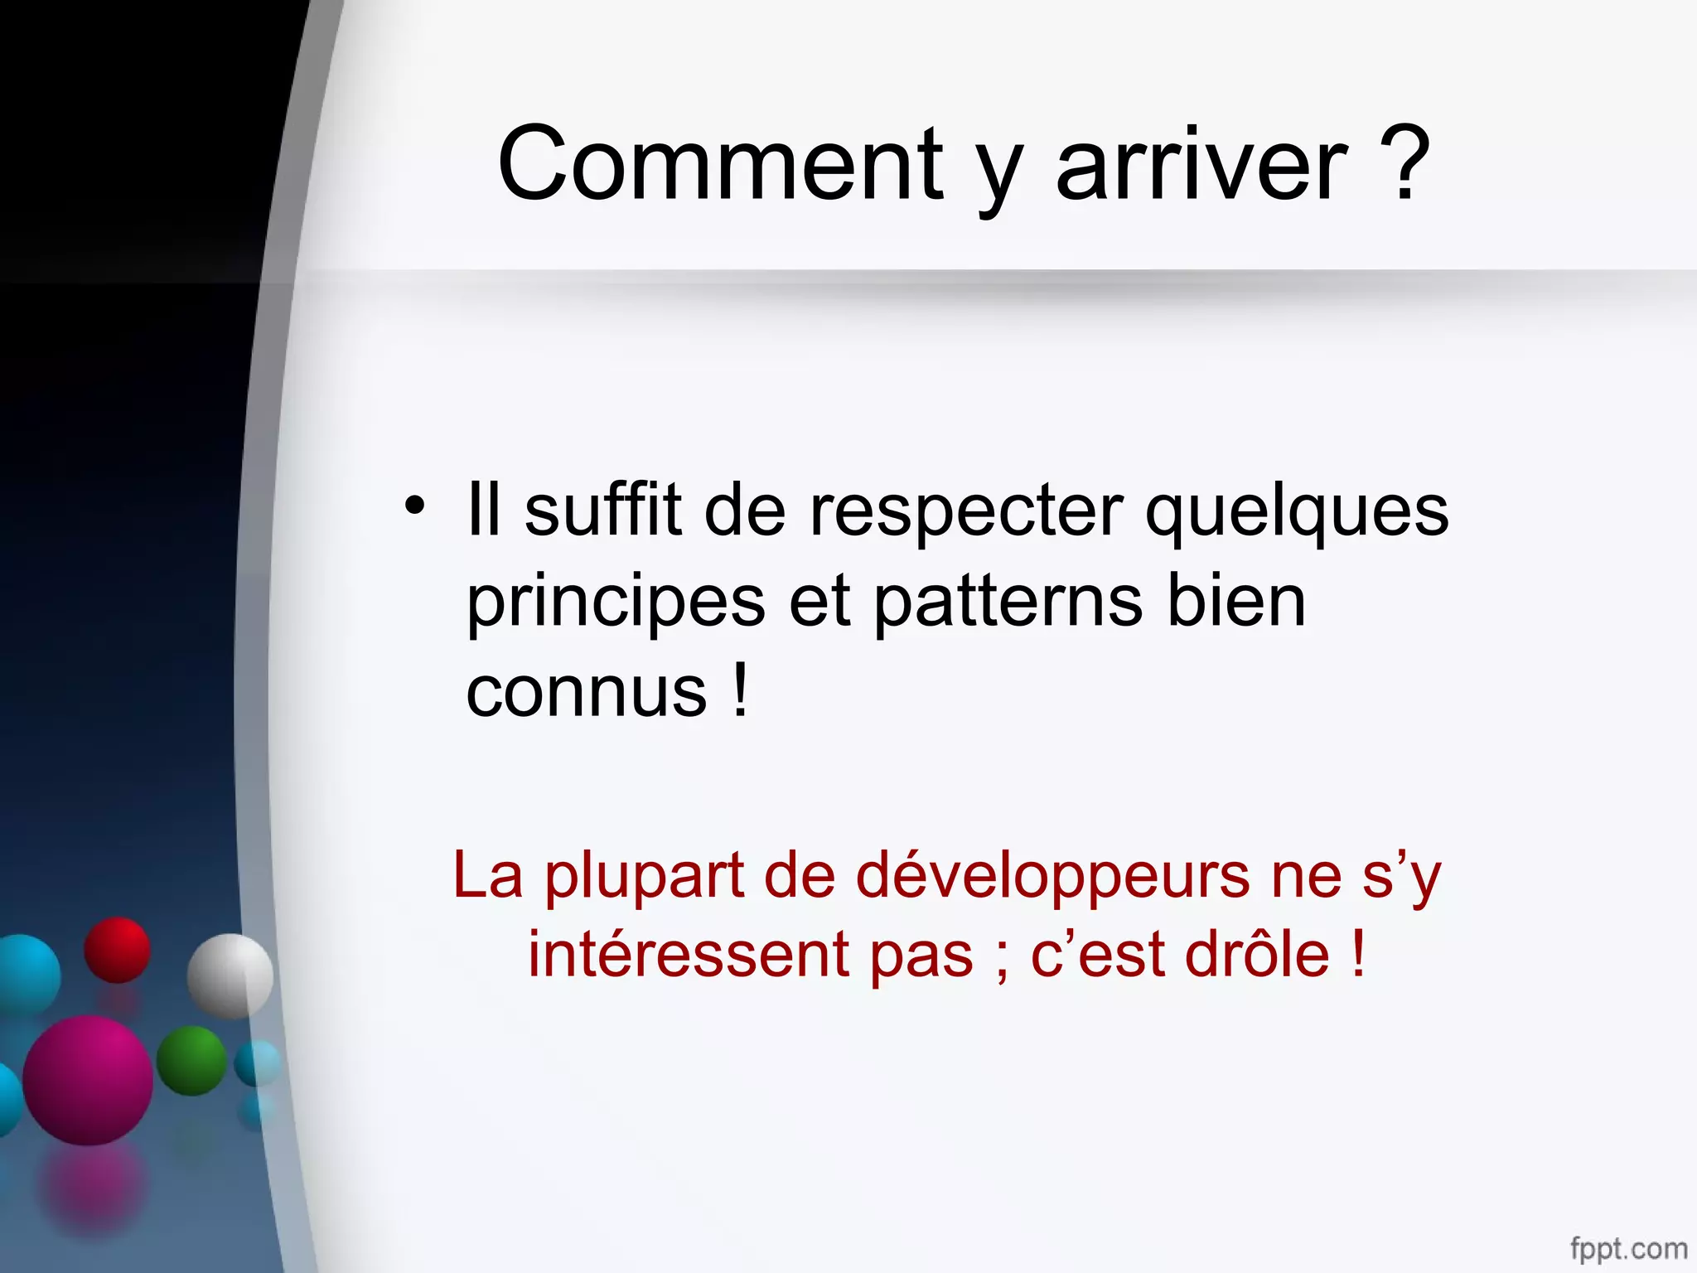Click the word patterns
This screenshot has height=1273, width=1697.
point(1008,603)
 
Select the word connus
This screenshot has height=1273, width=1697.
point(586,693)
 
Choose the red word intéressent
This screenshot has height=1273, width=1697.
point(689,955)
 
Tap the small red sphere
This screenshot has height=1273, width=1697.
point(117,950)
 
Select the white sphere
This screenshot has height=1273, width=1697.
point(230,975)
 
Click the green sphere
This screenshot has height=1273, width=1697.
point(191,1060)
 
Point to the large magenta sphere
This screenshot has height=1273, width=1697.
point(88,1080)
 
